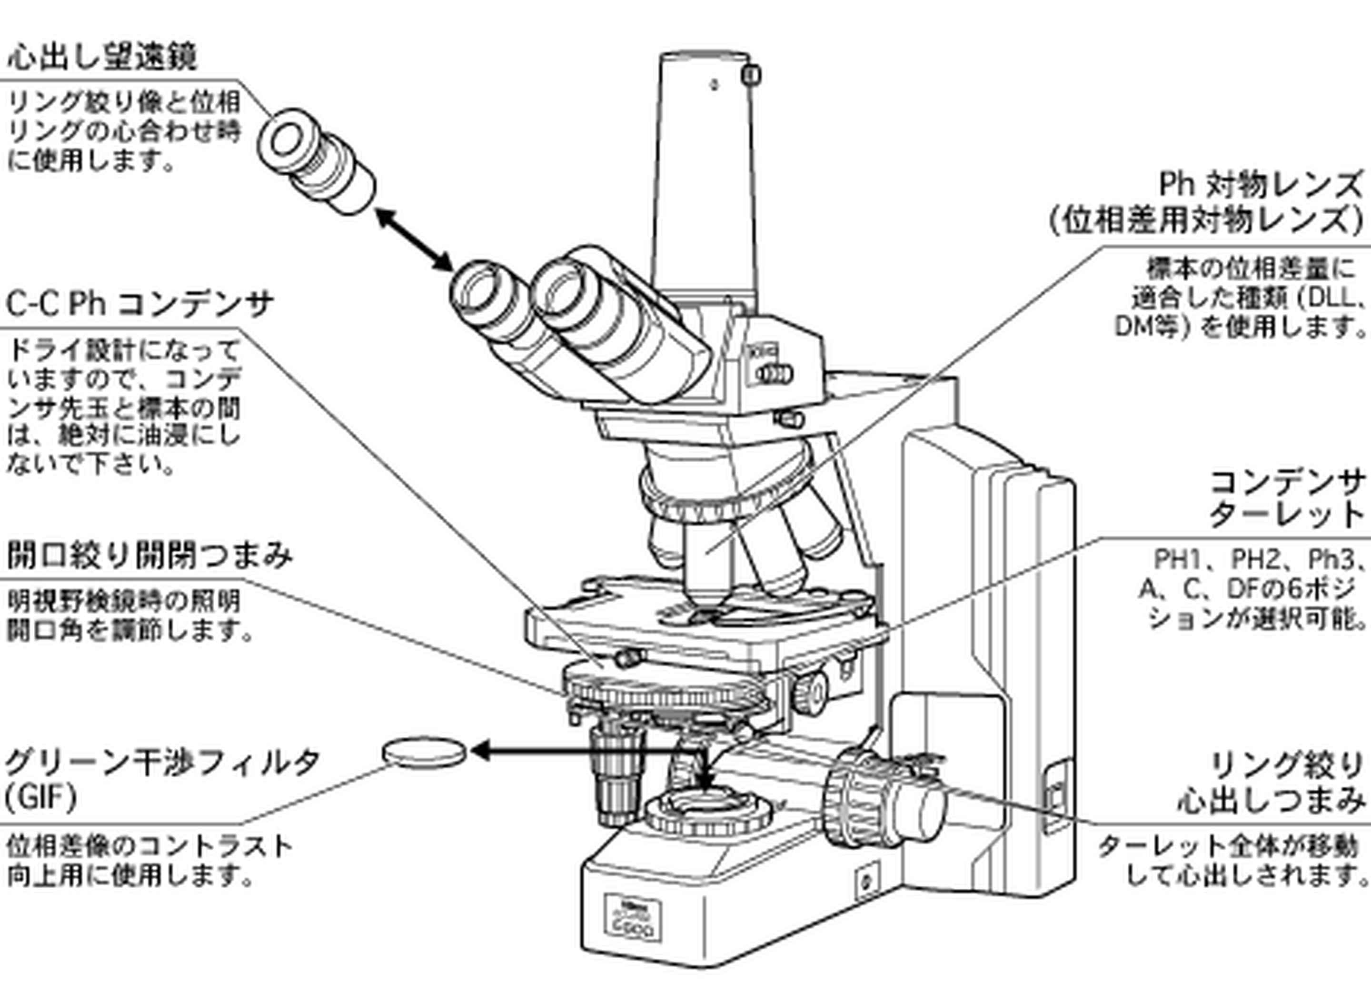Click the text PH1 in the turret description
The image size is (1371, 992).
(x=1179, y=559)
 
